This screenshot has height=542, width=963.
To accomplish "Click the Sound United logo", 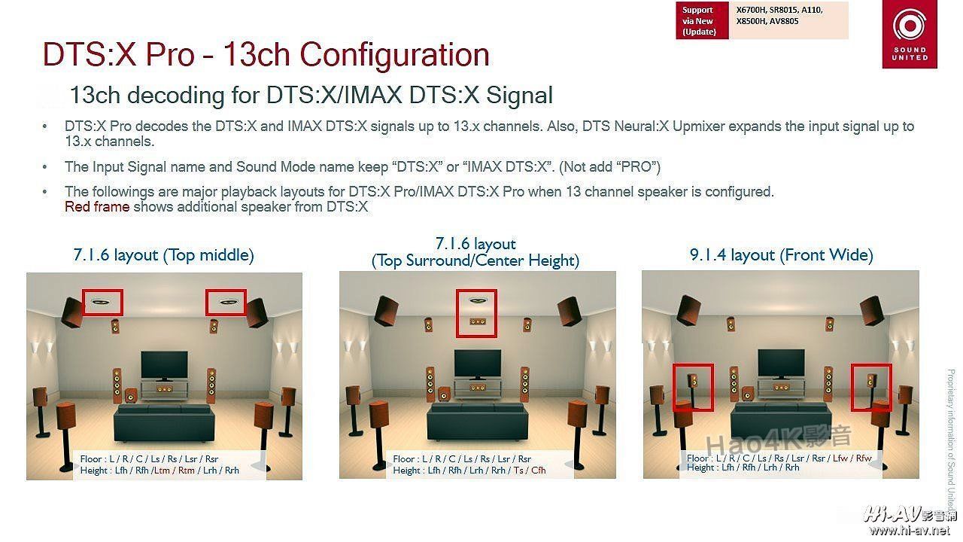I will pyautogui.click(x=910, y=35).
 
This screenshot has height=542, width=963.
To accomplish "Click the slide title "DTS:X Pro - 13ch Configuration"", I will pyautogui.click(x=266, y=55).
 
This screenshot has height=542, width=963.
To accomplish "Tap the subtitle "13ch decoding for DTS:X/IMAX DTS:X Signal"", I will pyautogui.click(x=311, y=96).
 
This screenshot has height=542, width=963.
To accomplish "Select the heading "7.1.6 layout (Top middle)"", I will pyautogui.click(x=163, y=255).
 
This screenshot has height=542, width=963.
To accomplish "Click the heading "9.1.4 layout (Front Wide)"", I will pyautogui.click(x=781, y=255).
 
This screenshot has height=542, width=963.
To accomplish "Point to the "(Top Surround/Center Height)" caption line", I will pyautogui.click(x=475, y=261).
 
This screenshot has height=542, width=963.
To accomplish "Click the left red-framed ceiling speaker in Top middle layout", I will pyautogui.click(x=102, y=303).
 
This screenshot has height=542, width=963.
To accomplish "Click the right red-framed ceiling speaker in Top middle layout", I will pyautogui.click(x=226, y=303).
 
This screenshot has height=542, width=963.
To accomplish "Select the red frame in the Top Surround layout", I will pyautogui.click(x=475, y=313).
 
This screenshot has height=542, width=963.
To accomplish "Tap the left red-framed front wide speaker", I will pyautogui.click(x=693, y=387).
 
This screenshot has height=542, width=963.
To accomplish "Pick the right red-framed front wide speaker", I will pyautogui.click(x=871, y=387).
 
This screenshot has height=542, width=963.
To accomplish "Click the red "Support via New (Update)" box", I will pyautogui.click(x=701, y=21).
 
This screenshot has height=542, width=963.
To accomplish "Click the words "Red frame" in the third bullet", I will pyautogui.click(x=97, y=207).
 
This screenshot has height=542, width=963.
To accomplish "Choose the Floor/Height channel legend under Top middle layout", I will pyautogui.click(x=159, y=464).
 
